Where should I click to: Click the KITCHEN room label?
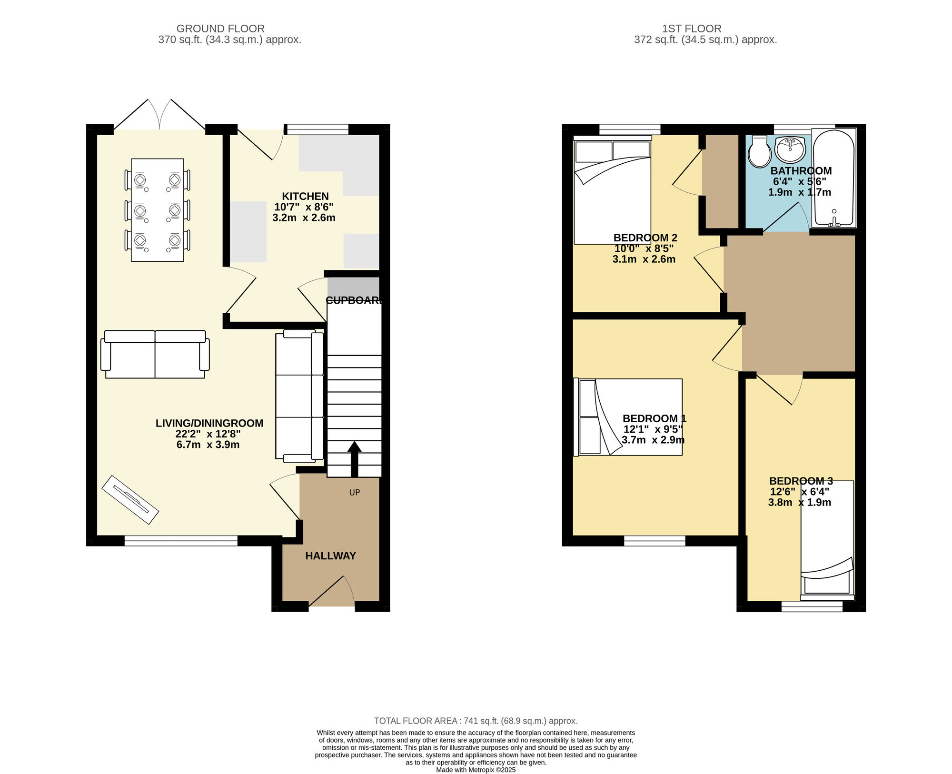pos(305,196)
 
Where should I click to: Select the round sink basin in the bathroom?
pos(790,149)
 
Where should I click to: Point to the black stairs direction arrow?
pos(354,459)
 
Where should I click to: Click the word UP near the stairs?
pos(355,493)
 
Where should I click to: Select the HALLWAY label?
pos(330,556)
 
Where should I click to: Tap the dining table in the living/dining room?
pos(158,210)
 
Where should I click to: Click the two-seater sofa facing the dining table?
pos(155,354)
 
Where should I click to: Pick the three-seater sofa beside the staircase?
pos(300,396)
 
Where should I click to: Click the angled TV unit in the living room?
pos(130,500)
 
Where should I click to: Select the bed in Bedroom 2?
pos(612,190)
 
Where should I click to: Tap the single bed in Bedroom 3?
pos(827,541)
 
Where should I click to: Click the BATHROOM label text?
pos(801,171)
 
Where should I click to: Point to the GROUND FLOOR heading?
pos(220,29)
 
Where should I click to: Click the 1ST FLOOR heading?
pos(692,29)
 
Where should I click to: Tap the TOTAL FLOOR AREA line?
pos(476,721)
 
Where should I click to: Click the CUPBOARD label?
pos(354,300)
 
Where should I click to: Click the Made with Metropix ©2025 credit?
pos(476,770)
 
